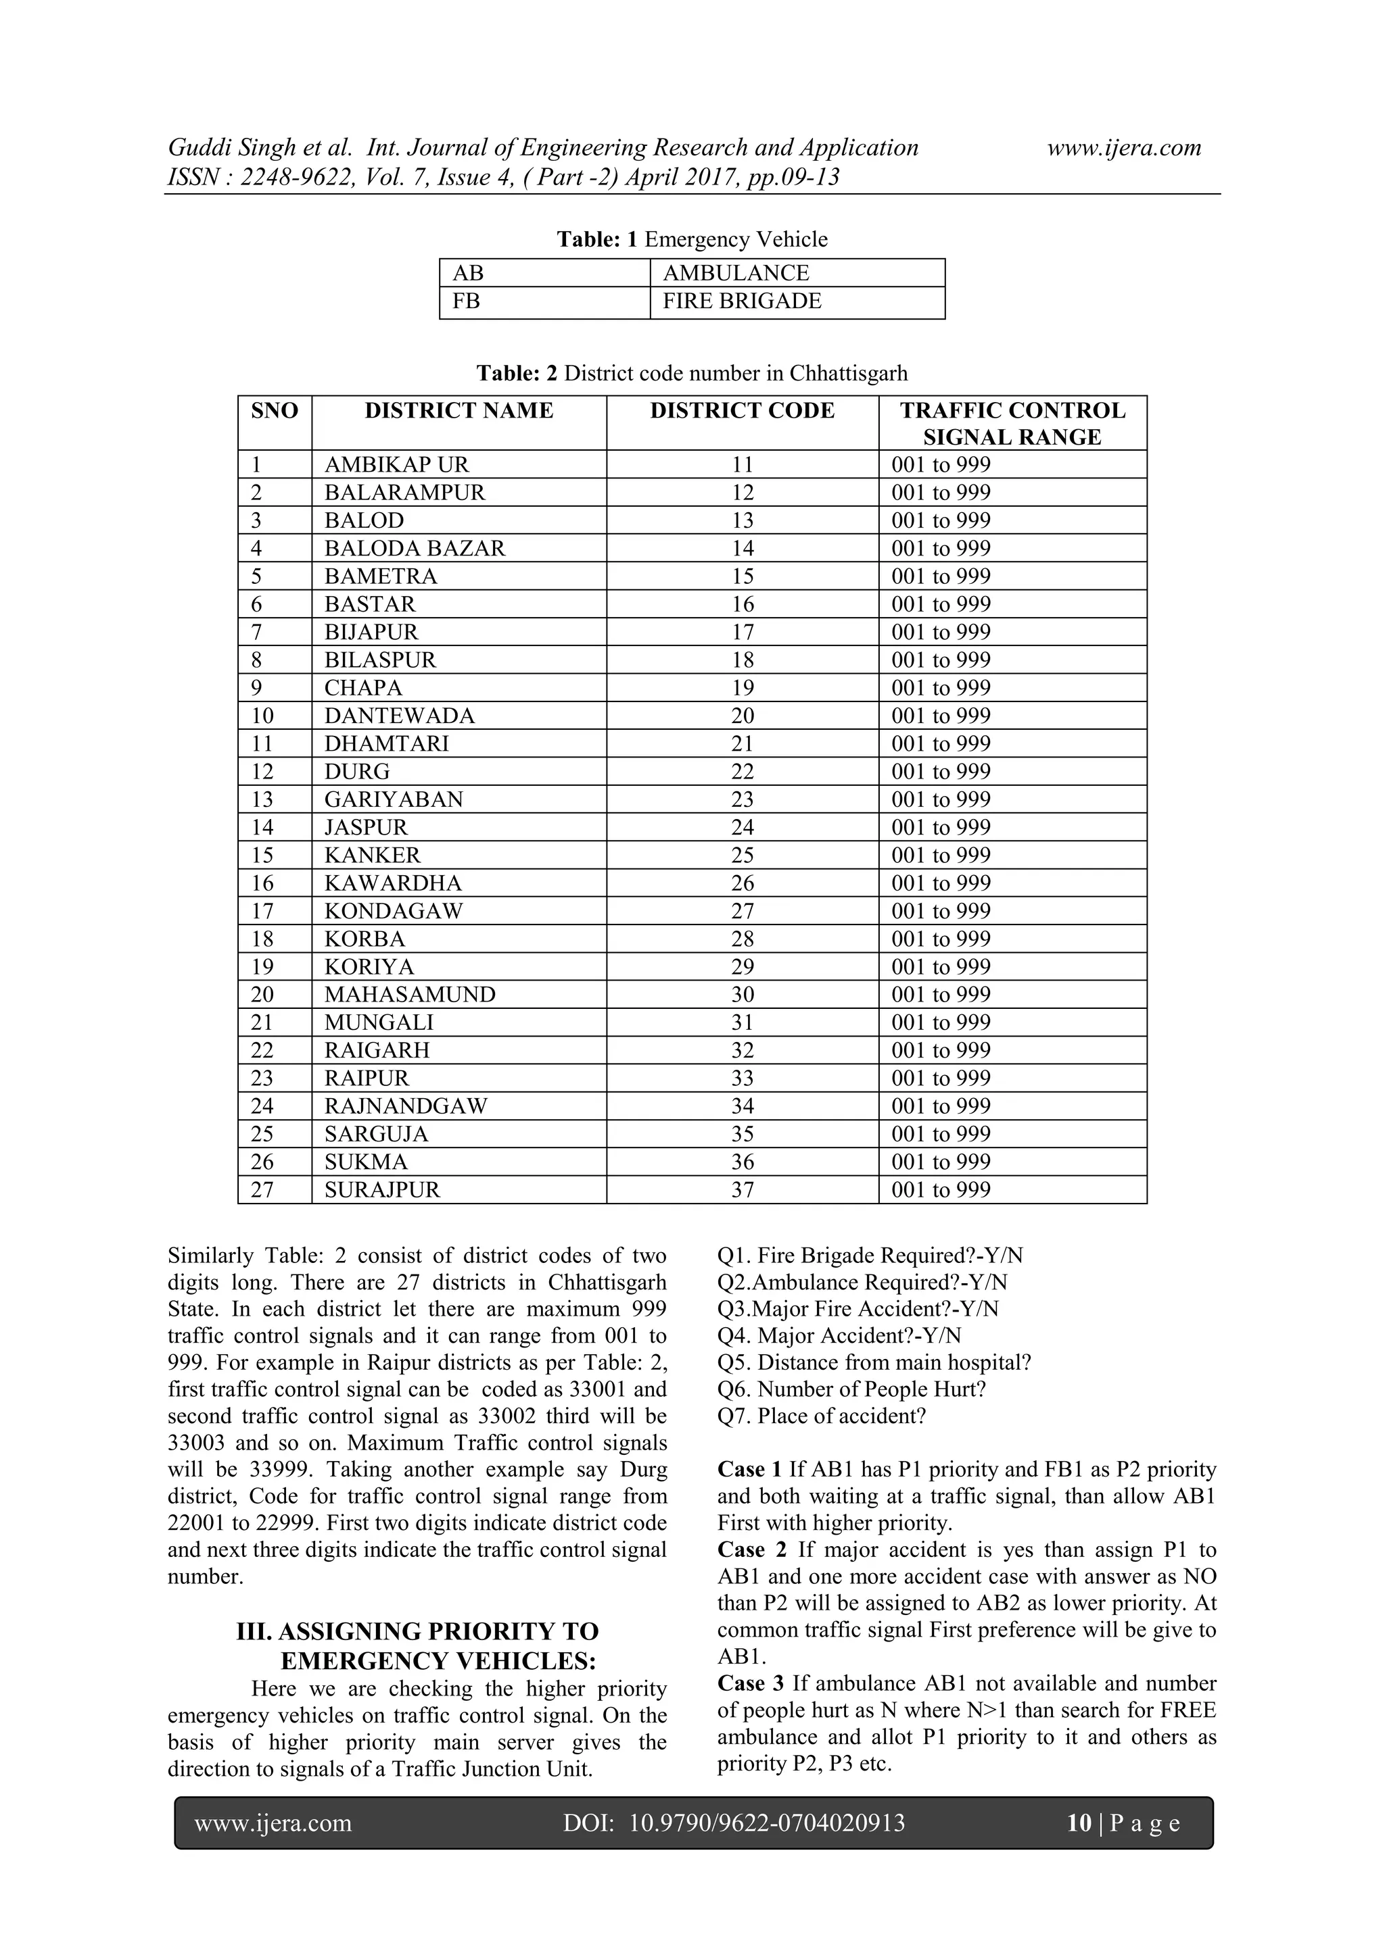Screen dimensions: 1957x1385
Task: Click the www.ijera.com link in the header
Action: [1123, 147]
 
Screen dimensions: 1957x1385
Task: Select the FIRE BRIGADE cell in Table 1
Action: [741, 301]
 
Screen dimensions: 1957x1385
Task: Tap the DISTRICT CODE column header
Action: [741, 411]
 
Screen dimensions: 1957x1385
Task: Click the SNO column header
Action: [275, 411]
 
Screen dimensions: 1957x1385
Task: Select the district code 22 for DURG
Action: [742, 771]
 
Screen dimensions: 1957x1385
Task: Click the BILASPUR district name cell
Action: [379, 660]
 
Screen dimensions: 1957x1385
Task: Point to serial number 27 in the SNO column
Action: [262, 1190]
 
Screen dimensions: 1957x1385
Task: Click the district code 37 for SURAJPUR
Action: [742, 1190]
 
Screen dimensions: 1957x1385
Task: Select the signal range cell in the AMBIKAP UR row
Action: [941, 464]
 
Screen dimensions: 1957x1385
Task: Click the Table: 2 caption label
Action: [517, 373]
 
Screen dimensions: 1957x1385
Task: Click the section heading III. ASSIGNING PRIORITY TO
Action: [417, 1631]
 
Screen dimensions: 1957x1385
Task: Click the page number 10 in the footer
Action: [1078, 1823]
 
